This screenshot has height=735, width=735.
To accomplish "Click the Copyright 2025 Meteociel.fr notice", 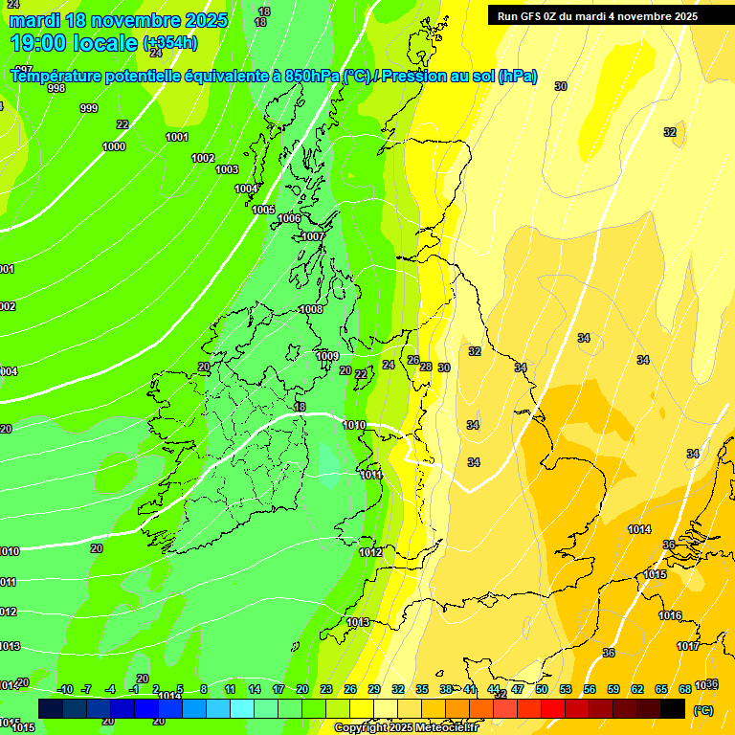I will [406, 728].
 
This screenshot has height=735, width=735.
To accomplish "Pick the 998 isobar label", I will [56, 88].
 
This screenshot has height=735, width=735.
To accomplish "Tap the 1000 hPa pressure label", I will [114, 146].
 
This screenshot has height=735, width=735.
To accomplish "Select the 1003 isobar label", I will [227, 169].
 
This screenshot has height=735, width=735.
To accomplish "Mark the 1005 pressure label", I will [263, 210].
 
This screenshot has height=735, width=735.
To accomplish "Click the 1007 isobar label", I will [313, 236].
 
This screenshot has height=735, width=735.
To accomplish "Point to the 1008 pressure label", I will [310, 309].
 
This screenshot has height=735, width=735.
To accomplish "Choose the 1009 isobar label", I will [327, 356].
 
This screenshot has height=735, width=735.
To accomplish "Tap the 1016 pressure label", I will [670, 615].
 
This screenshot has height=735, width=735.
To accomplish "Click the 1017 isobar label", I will [688, 646].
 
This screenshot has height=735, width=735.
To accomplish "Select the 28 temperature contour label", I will [425, 367].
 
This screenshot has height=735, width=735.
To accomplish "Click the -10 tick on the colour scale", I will [65, 689].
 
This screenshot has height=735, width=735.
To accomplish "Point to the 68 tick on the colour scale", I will [685, 689].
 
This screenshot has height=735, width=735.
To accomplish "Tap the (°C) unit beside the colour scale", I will [703, 710].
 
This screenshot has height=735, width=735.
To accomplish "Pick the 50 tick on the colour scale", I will [541, 689].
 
